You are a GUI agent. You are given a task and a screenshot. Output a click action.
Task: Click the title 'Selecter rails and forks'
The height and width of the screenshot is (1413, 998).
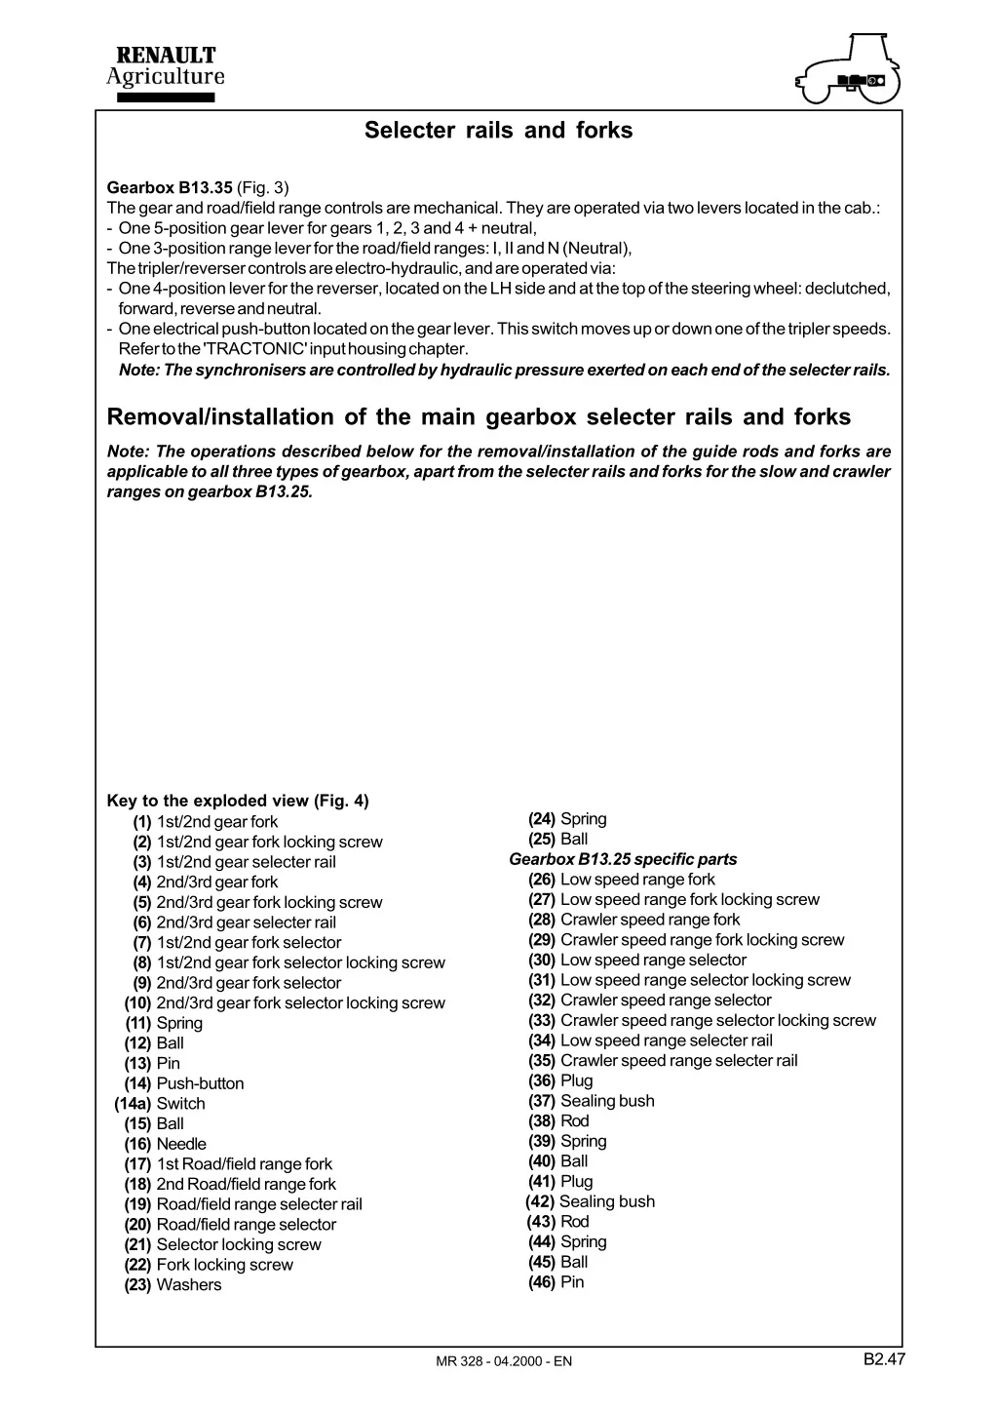(498, 131)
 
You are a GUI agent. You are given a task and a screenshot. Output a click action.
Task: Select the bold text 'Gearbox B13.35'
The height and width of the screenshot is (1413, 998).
(170, 187)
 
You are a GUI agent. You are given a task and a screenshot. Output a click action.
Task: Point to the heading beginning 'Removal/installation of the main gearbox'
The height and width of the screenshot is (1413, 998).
(479, 417)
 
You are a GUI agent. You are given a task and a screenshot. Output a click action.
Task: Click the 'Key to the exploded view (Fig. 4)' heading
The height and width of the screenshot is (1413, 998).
(238, 802)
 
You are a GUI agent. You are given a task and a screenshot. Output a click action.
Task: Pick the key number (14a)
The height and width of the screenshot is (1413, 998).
(133, 1104)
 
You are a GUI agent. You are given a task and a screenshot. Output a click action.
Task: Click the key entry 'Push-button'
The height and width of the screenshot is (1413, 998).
(200, 1083)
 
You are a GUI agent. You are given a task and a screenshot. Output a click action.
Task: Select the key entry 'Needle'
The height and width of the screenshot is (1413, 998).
(181, 1144)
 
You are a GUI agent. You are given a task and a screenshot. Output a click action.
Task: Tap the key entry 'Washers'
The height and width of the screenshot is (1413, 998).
(189, 1285)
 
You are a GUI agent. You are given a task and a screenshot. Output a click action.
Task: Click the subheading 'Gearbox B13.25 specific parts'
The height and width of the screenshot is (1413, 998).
(623, 859)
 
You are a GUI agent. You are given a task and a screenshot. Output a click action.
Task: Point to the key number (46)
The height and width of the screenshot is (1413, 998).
(542, 1282)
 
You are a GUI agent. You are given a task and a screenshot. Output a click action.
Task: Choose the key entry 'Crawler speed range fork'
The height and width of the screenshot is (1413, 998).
(650, 920)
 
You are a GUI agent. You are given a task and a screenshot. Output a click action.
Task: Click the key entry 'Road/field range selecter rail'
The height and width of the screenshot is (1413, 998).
(259, 1204)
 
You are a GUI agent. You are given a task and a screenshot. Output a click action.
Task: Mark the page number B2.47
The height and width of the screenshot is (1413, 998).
(884, 1358)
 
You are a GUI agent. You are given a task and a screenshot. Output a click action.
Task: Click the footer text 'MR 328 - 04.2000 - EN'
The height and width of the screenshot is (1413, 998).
(505, 1361)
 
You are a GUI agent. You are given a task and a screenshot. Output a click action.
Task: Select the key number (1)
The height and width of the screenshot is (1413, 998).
(142, 822)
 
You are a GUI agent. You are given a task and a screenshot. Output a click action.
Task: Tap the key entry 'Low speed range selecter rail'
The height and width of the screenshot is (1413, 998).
(667, 1040)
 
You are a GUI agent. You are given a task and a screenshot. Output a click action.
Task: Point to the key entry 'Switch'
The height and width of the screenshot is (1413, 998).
(181, 1104)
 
